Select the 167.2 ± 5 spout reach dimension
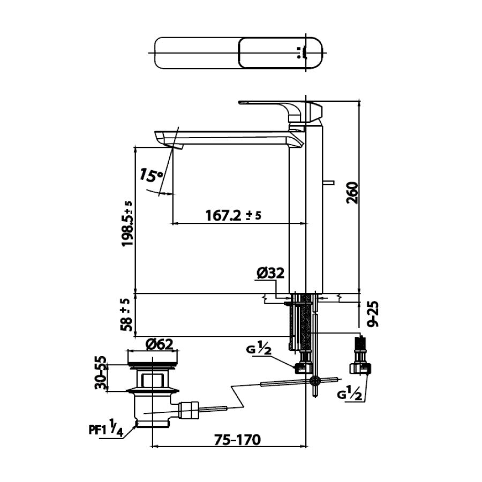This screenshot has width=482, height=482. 234,215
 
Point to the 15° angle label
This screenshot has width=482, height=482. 152,175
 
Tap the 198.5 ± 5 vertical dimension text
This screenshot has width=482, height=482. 127,223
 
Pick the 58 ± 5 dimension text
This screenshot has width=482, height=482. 126,314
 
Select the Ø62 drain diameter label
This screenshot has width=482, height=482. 160,344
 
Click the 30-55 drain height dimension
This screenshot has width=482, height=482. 101,373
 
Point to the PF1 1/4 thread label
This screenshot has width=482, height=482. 106,428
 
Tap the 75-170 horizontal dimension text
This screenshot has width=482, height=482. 237,440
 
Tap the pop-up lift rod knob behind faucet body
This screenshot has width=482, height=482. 328,183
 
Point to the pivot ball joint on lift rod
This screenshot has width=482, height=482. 314,380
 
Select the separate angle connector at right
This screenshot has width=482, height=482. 360,356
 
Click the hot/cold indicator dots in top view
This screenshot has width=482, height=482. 299,53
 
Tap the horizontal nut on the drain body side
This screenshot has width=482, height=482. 190,410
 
